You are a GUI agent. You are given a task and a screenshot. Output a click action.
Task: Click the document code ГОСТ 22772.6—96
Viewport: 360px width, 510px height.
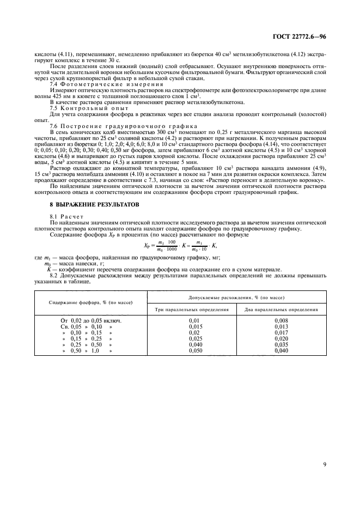[x=304, y=37]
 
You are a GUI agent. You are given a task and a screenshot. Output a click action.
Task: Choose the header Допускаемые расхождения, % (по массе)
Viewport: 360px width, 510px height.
[x=239, y=297]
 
